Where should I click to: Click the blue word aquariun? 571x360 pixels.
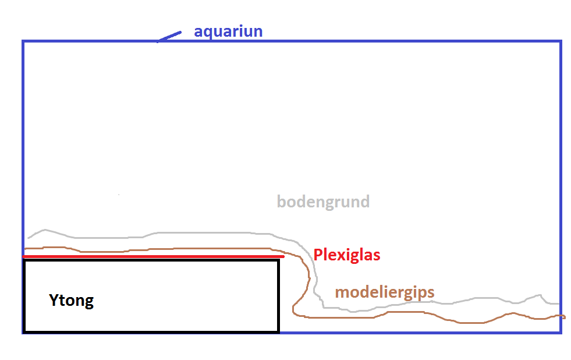[228, 31]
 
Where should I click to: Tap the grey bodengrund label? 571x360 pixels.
[323, 202]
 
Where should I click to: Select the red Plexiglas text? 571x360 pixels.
[346, 255]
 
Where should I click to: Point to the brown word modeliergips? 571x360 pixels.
[384, 292]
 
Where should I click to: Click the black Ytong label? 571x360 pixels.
[71, 301]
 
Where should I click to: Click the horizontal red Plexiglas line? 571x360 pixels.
[151, 256]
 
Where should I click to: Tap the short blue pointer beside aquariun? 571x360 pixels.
[169, 36]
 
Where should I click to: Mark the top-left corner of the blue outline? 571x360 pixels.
[23, 41]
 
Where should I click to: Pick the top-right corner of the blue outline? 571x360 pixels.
[561, 41]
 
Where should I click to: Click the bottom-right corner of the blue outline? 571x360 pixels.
[561, 333]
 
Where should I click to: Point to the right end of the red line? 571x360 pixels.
[283, 256]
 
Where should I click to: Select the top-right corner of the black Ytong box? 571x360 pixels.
[278, 260]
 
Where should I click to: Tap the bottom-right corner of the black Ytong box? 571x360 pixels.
[278, 332]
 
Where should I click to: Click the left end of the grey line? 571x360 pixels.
[27, 238]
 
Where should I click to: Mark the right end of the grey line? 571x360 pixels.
[559, 303]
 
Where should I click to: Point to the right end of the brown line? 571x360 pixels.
[564, 317]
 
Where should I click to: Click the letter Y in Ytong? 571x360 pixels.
[54, 301]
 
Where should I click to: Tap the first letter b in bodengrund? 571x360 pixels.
[281, 202]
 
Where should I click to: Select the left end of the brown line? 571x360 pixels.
[26, 248]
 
